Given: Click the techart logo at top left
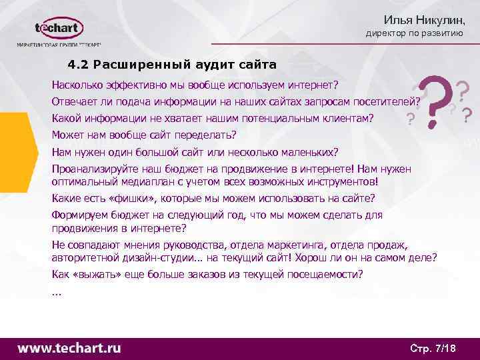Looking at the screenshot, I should [59, 29].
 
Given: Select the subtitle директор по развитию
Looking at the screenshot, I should [414, 34].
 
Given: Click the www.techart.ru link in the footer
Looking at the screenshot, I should [69, 347].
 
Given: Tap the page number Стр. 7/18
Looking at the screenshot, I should [432, 348].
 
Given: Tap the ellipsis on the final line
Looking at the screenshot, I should [56, 291].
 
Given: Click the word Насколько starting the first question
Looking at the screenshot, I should [77, 85].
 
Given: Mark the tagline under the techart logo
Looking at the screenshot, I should [59, 46].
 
